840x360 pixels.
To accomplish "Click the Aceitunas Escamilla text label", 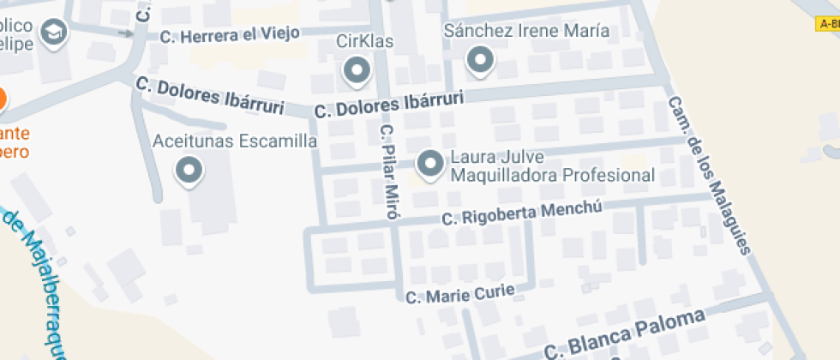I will point(234,141).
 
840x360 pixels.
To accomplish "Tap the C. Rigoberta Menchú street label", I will point(524,213).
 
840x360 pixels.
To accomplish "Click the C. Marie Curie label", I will point(459,295).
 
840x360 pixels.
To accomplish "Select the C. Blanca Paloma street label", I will point(626,335).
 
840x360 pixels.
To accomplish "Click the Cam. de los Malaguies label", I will point(709,176).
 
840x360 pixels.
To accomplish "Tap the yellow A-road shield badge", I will point(828,24).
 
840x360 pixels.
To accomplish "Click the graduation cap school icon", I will point(55,33).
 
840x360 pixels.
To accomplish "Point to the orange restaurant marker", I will point(2,99).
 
